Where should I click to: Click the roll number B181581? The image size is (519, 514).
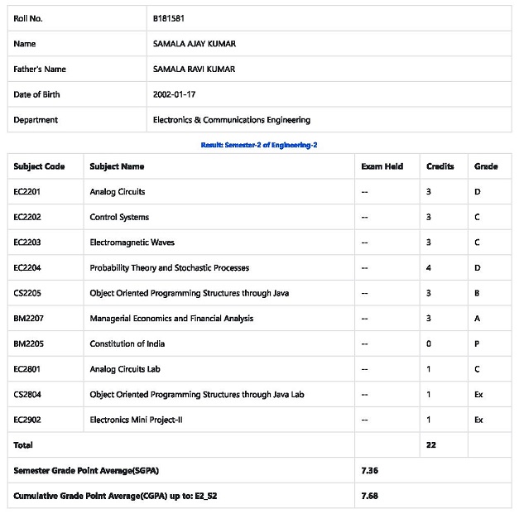click(169, 17)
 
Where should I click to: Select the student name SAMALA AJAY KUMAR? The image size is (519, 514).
click(195, 43)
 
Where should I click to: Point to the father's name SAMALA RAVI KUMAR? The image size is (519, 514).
click(194, 69)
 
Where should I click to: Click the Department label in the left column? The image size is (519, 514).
click(36, 120)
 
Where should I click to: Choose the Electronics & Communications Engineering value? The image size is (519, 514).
click(232, 120)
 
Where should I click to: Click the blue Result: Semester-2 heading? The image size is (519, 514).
click(259, 145)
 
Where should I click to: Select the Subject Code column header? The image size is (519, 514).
click(39, 166)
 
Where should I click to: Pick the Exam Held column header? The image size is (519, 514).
click(382, 166)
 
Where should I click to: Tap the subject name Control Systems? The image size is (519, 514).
click(119, 217)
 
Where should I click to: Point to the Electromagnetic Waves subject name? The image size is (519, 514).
click(132, 243)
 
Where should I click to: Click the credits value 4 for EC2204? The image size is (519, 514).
click(429, 268)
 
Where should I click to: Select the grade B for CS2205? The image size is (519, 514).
click(478, 293)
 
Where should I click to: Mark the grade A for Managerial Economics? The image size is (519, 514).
click(478, 319)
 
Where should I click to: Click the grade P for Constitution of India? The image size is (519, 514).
click(478, 343)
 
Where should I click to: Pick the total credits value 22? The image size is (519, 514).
click(431, 445)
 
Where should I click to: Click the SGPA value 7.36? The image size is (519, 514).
click(371, 470)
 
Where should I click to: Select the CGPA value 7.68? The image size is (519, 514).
click(371, 496)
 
